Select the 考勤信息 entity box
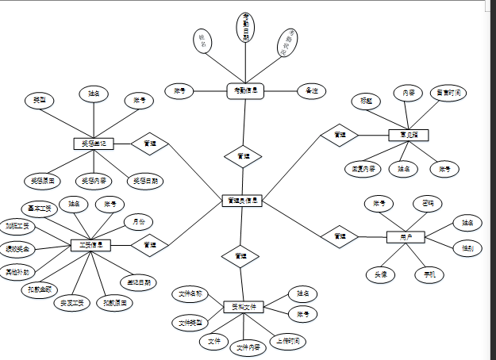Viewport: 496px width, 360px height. click(245, 91)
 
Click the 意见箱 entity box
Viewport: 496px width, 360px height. click(409, 135)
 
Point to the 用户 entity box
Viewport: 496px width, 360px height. click(405, 236)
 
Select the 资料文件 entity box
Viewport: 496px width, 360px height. click(243, 305)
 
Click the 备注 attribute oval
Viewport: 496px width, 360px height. click(312, 91)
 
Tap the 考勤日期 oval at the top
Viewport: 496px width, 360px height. click(245, 28)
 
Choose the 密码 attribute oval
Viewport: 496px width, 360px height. click(428, 204)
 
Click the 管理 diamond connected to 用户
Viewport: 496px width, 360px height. click(340, 236)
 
